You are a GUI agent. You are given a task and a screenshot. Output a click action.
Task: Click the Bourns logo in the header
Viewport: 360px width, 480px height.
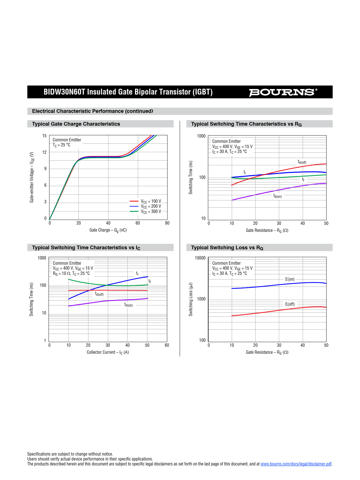[x=283, y=92]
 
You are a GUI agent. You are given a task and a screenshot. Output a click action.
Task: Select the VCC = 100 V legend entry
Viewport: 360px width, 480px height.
[x=151, y=201]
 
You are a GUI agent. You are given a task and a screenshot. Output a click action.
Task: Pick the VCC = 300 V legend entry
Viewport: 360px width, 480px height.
[x=151, y=211]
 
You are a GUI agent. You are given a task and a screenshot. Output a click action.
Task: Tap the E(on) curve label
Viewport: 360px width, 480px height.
[x=290, y=279]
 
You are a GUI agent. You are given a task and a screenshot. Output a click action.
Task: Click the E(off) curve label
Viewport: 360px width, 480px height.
[x=290, y=304]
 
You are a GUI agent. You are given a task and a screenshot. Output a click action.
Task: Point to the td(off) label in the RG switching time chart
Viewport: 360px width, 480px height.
[x=302, y=162]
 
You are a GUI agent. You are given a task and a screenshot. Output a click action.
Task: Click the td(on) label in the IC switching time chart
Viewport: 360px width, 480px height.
[x=129, y=305]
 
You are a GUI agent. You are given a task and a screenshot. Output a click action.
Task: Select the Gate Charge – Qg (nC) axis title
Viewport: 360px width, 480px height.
[x=108, y=230]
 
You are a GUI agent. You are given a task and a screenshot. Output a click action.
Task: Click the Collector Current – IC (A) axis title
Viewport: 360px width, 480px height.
[x=108, y=352]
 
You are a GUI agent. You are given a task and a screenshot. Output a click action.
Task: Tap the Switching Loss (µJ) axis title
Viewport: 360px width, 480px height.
[x=191, y=299]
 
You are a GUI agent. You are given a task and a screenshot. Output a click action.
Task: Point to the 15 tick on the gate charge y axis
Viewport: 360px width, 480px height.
[x=44, y=136]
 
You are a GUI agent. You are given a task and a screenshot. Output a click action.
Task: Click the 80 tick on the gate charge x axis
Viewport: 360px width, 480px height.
[x=167, y=223]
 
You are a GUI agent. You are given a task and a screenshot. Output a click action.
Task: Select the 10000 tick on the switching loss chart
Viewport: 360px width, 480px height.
[x=200, y=258]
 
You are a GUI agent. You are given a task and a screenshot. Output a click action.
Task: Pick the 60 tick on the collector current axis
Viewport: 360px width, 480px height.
[x=167, y=345]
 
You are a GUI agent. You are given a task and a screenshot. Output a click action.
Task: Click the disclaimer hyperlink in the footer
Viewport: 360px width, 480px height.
[x=296, y=464]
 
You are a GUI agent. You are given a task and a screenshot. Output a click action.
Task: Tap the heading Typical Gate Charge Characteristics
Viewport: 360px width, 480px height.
[x=76, y=124]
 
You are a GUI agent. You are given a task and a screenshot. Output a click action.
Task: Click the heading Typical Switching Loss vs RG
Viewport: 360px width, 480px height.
[x=227, y=248]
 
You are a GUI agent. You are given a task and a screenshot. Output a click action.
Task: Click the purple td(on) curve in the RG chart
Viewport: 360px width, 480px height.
[x=262, y=193]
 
